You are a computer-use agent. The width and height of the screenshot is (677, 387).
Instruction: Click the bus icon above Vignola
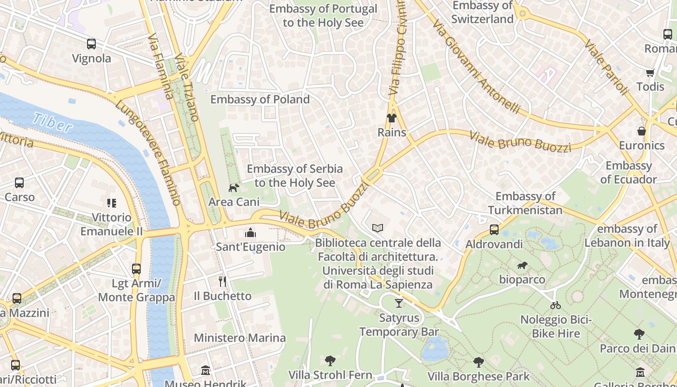coord(91,44)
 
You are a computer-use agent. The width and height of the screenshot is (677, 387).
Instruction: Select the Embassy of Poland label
coord(260,99)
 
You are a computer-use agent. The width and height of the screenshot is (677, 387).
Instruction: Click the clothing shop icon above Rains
coord(391,118)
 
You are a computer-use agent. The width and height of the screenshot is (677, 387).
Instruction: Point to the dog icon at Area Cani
coord(234,188)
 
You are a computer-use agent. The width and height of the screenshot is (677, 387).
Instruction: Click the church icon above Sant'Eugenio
coord(250,233)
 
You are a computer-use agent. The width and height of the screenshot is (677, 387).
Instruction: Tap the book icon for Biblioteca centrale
coord(378,228)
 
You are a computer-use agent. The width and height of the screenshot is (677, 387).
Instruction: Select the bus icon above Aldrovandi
coord(494,230)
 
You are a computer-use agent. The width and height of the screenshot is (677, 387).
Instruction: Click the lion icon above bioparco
coord(522,265)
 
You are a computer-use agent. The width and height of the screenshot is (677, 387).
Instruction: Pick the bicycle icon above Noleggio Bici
coord(556,305)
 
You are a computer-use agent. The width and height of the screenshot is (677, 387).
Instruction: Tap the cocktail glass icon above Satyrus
coord(398,303)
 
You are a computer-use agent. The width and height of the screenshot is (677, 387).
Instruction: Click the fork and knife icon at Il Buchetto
coord(222,282)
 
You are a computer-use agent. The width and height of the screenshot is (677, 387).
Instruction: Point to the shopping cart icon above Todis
coord(650,73)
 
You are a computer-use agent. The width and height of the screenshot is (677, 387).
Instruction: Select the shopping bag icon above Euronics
coord(642,131)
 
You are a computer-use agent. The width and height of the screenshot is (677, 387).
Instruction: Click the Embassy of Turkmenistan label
coord(525,203)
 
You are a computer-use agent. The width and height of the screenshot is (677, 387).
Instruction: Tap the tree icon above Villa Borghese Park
coord(478,362)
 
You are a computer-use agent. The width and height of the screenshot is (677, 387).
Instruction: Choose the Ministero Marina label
coord(240,338)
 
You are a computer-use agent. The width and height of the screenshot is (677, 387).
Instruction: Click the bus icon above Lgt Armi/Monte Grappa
coord(136,269)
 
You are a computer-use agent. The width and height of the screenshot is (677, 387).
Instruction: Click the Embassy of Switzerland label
coord(482,12)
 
